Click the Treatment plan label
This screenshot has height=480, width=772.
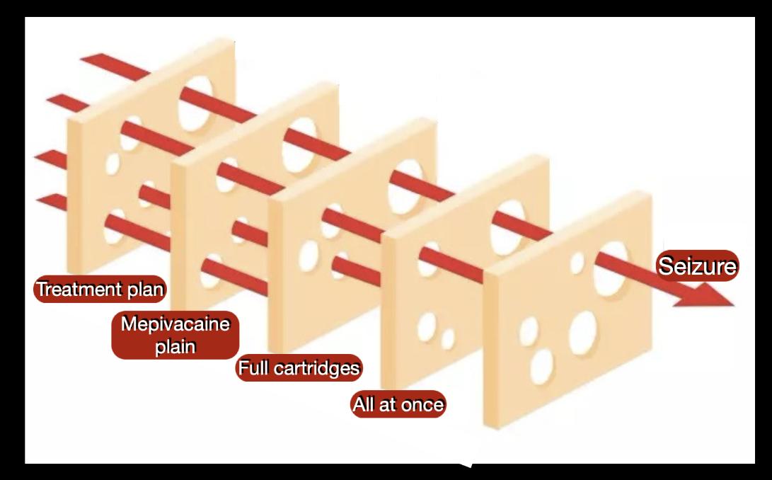coord(100,289)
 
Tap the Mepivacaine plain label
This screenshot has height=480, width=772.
coord(175,336)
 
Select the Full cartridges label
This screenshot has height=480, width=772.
coord(299,368)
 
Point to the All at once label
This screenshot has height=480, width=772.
coord(398,405)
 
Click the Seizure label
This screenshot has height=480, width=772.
coord(698,266)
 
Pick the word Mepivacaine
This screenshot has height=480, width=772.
coord(175,325)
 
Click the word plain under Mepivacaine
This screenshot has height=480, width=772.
coord(175,347)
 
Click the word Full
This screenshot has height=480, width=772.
coord(252,368)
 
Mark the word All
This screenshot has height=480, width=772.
coord(366,405)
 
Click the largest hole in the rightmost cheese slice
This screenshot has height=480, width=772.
coord(611,269)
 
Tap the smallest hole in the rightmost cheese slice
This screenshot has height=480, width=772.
coord(577,263)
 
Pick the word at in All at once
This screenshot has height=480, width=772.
coord(392,405)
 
